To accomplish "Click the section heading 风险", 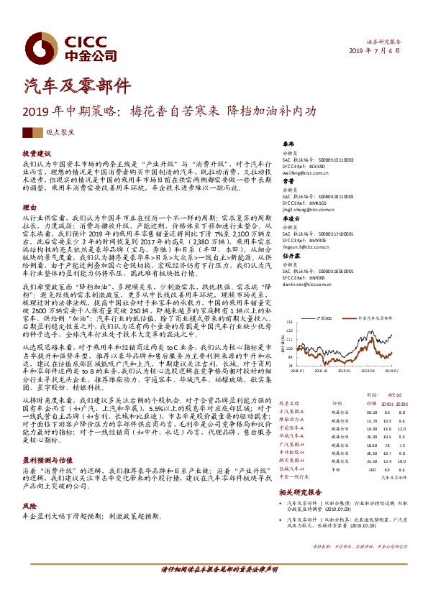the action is coord(29,506).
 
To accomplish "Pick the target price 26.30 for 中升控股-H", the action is coord(371,453).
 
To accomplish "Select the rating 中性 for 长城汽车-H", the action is coord(335,470).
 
